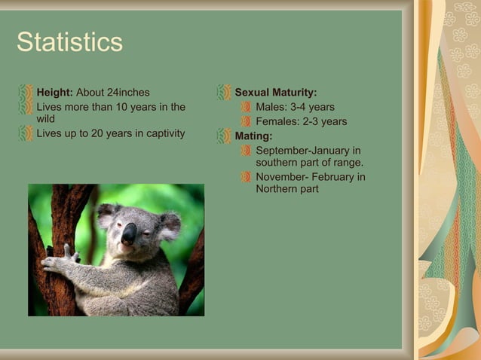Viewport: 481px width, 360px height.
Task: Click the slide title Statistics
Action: pyautogui.click(x=69, y=42)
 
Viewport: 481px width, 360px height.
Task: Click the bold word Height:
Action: pyautogui.click(x=54, y=93)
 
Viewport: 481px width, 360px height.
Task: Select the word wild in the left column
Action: pyautogui.click(x=46, y=119)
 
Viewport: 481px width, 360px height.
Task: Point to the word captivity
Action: pyautogui.click(x=161, y=133)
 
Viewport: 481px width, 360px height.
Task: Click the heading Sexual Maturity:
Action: pyautogui.click(x=275, y=93)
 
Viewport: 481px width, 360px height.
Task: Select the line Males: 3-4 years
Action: pyautogui.click(x=295, y=107)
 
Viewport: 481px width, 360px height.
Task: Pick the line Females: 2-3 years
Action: pyautogui.click(x=301, y=121)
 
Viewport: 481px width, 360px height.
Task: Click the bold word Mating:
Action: pyautogui.click(x=253, y=136)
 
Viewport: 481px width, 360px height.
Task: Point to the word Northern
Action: pyautogui.click(x=277, y=189)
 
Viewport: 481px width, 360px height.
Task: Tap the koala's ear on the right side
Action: pyautogui.click(x=169, y=224)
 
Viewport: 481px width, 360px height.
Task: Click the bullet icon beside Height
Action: pyautogui.click(x=26, y=93)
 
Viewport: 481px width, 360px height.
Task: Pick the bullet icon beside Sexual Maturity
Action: pyautogui.click(x=224, y=93)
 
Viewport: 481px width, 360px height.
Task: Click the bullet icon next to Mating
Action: pyautogui.click(x=224, y=136)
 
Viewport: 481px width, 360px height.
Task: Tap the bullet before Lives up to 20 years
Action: pyautogui.click(x=26, y=133)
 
